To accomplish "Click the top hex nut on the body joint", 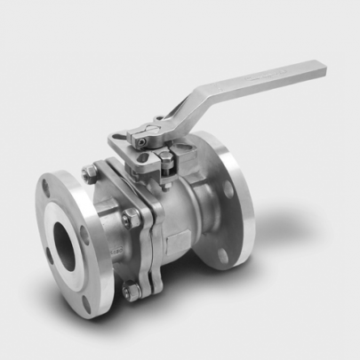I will point(88,175).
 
